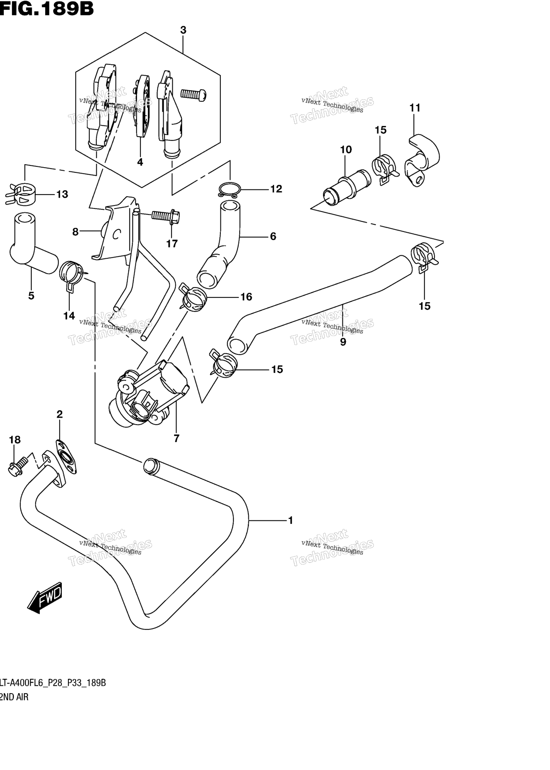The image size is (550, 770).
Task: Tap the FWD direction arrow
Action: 45,597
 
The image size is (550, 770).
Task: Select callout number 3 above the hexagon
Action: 183,30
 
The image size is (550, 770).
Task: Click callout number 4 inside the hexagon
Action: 140,162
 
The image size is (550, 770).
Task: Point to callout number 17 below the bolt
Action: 172,244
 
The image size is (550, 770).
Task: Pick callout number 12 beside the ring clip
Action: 276,189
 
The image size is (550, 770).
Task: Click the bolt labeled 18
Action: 17,466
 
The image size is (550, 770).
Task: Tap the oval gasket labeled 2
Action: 66,457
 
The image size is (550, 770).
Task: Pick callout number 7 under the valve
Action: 176,438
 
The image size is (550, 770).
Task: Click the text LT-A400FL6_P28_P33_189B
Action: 53,683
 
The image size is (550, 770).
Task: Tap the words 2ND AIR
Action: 14,697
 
